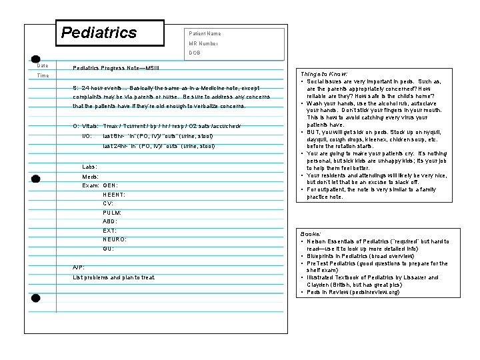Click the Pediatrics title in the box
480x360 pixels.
point(99,33)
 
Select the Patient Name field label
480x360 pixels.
point(205,33)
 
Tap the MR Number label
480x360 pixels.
point(203,43)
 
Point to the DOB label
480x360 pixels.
point(195,53)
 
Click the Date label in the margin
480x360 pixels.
point(42,65)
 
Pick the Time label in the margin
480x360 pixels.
point(43,76)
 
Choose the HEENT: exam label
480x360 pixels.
point(114,194)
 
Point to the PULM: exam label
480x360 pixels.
point(112,212)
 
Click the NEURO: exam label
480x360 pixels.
point(115,239)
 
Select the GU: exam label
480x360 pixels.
point(108,248)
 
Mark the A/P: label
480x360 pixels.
point(79,267)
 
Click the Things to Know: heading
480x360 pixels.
point(323,73)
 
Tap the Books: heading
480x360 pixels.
point(310,235)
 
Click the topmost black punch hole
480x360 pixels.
point(35,60)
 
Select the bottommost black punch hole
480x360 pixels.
point(36,298)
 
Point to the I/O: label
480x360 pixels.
point(86,135)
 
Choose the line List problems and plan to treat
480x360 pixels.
point(114,277)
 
